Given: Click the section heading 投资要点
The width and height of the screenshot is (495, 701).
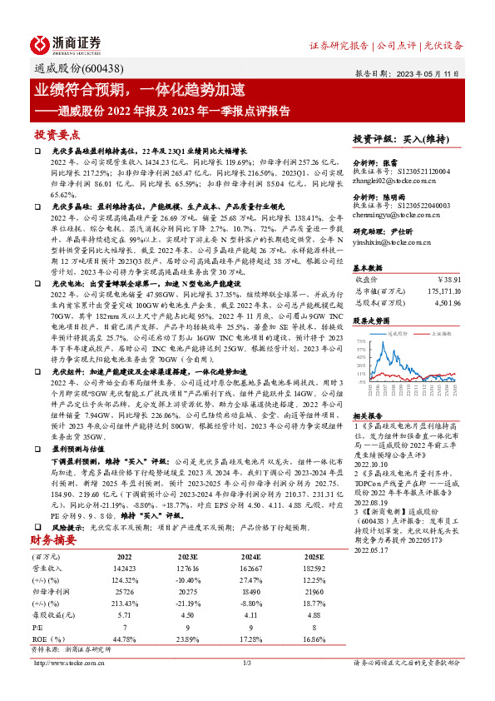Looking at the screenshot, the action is [57, 134].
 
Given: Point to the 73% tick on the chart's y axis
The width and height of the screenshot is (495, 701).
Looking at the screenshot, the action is [359, 341].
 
